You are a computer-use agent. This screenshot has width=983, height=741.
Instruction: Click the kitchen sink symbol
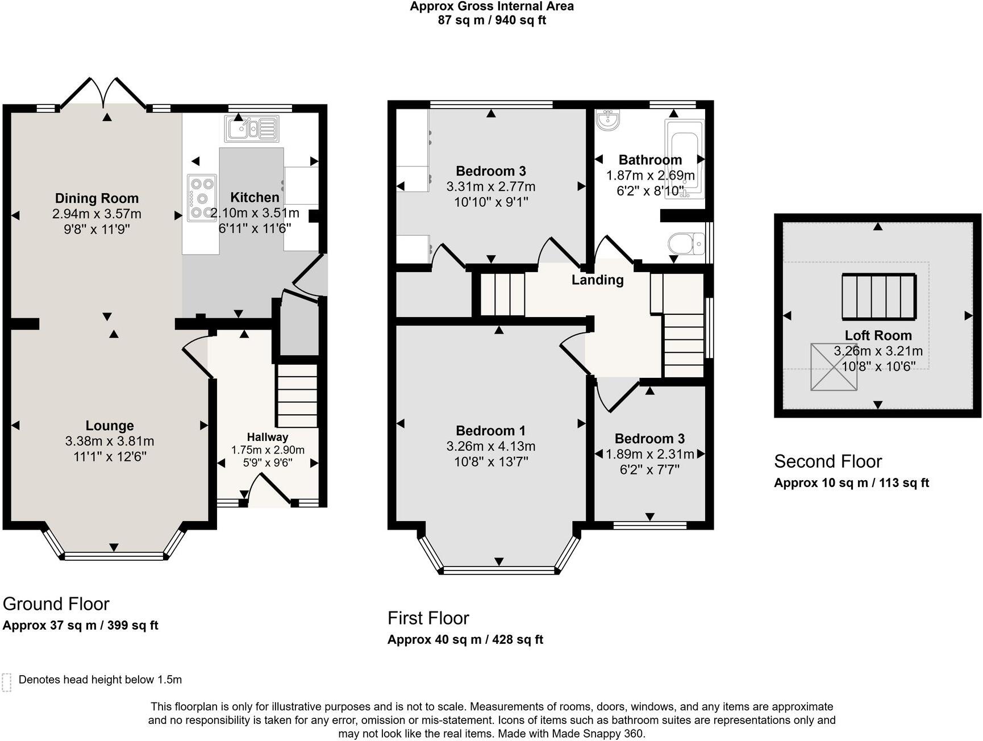tap(252, 128)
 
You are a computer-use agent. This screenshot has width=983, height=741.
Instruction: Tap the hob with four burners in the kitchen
tap(202, 197)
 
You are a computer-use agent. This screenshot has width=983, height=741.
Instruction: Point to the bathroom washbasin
tap(608, 120)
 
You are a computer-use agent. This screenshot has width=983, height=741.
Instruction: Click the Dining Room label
tap(97, 198)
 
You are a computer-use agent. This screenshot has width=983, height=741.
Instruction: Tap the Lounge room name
tap(110, 426)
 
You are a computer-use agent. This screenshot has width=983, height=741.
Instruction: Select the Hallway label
tap(267, 437)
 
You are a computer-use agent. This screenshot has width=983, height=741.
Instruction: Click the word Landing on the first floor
tap(597, 280)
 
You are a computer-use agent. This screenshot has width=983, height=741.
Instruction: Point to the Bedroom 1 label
tap(490, 431)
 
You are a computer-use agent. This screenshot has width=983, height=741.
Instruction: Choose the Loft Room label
tap(878, 335)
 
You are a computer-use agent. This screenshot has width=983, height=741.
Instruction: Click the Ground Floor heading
tap(56, 603)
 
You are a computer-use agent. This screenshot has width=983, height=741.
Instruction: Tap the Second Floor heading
tap(828, 461)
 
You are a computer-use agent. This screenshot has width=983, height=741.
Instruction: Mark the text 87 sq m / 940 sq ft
tap(491, 20)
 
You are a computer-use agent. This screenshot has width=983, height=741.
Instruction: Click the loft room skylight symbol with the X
tap(834, 367)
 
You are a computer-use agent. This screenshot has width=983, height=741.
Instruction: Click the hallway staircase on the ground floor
tap(297, 396)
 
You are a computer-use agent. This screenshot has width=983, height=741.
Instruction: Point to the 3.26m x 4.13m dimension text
tap(490, 446)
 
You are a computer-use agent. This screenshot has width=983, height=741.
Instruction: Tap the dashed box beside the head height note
tap(7, 682)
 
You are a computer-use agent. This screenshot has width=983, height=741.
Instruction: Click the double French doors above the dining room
tap(103, 92)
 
